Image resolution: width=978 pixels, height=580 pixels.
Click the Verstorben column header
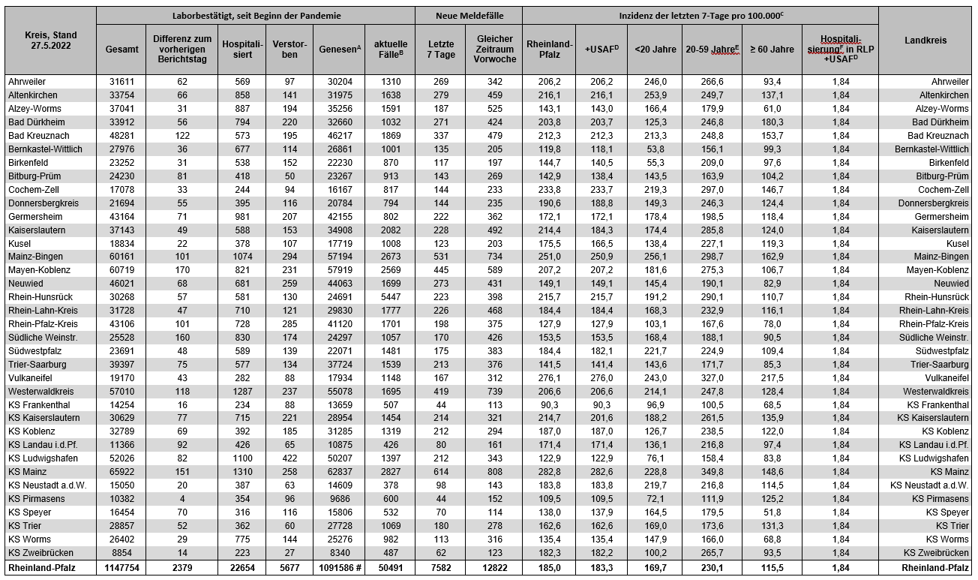click(x=289, y=49)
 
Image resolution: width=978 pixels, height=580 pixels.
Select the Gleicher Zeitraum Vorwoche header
click(x=494, y=49)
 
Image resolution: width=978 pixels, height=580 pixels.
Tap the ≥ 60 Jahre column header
click(x=771, y=50)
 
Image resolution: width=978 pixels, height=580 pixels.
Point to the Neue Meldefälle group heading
click(x=469, y=15)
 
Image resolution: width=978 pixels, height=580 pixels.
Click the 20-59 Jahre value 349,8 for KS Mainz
click(x=712, y=472)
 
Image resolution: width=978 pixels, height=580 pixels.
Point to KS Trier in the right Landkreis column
click(x=948, y=526)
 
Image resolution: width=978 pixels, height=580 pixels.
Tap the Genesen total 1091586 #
click(x=340, y=568)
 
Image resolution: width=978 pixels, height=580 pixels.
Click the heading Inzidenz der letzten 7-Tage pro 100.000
click(x=699, y=15)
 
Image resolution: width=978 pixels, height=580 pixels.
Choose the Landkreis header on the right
click(x=925, y=41)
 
